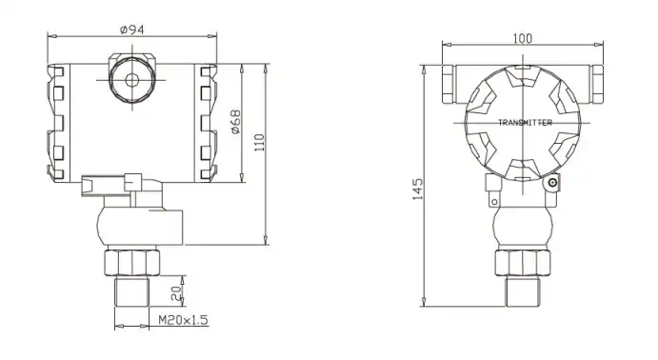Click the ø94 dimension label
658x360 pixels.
131,29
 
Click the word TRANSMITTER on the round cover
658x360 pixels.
525,123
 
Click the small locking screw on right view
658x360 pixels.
551,182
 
